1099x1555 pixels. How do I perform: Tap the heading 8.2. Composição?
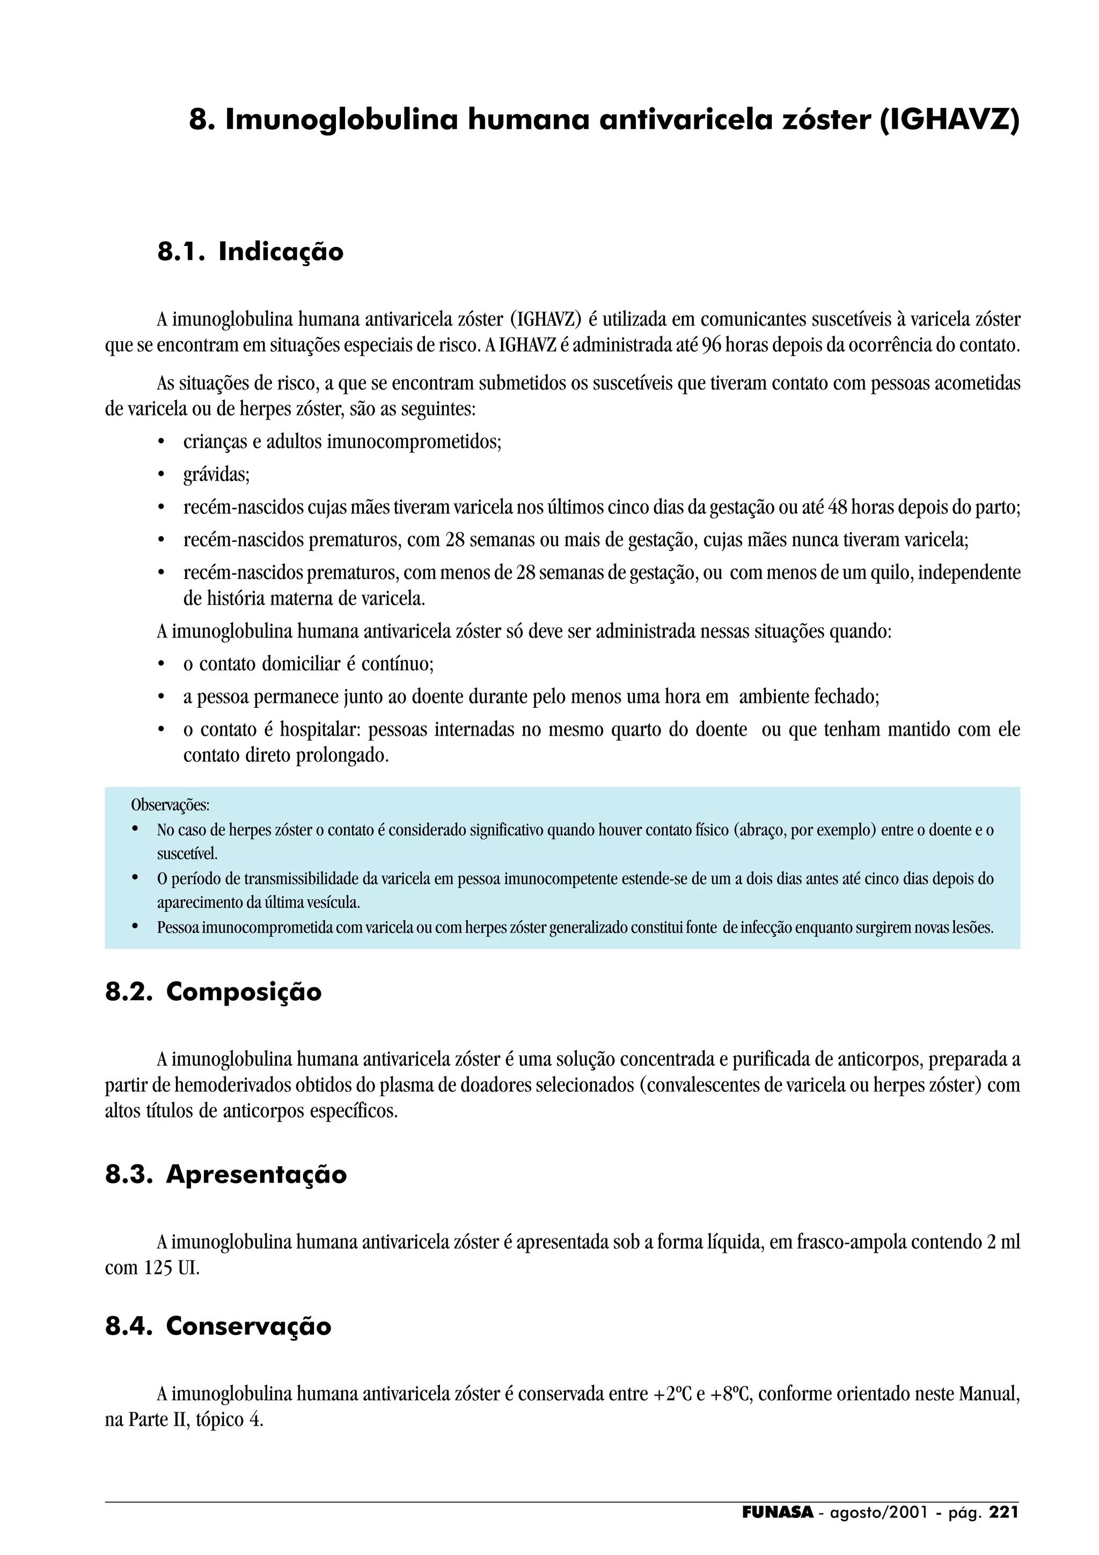coord(213,992)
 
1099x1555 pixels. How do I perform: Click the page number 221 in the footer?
coord(1003,1512)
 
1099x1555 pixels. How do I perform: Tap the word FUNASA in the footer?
coord(778,1512)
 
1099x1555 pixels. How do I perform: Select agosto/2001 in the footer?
coord(878,1512)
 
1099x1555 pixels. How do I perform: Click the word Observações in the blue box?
coord(170,805)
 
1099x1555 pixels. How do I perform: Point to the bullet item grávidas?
coord(216,475)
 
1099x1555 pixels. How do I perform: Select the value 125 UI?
coord(171,1268)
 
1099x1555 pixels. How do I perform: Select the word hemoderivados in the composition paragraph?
coord(231,1085)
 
